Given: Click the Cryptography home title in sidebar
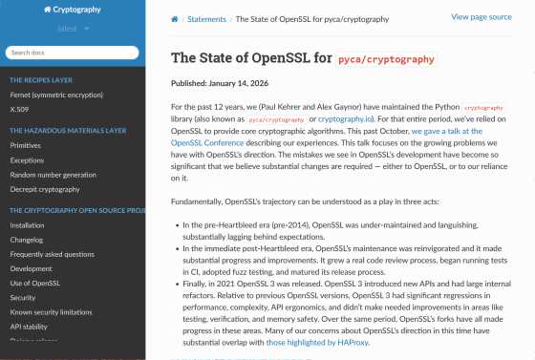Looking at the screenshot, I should pyautogui.click(x=73, y=9).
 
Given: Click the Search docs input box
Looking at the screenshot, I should pyautogui.click(x=73, y=53).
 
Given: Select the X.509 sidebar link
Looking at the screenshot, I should pyautogui.click(x=19, y=111).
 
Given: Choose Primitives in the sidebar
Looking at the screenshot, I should pyautogui.click(x=26, y=145).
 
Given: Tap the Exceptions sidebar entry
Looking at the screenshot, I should pyautogui.click(x=27, y=159).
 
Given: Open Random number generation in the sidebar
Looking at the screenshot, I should pyautogui.click(x=53, y=175).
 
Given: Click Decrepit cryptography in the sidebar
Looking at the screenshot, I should pyautogui.click(x=45, y=189).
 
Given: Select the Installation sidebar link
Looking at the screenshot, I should pyautogui.click(x=27, y=225).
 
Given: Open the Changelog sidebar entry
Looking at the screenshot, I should pyautogui.click(x=27, y=240).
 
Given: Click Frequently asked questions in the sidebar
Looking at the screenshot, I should pyautogui.click(x=52, y=254).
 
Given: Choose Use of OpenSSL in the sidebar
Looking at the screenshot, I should pyautogui.click(x=34, y=284).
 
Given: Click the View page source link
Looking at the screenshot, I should pyautogui.click(x=481, y=17).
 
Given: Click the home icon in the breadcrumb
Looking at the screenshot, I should pyautogui.click(x=175, y=18).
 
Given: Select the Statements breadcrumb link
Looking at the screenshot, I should pyautogui.click(x=206, y=18).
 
